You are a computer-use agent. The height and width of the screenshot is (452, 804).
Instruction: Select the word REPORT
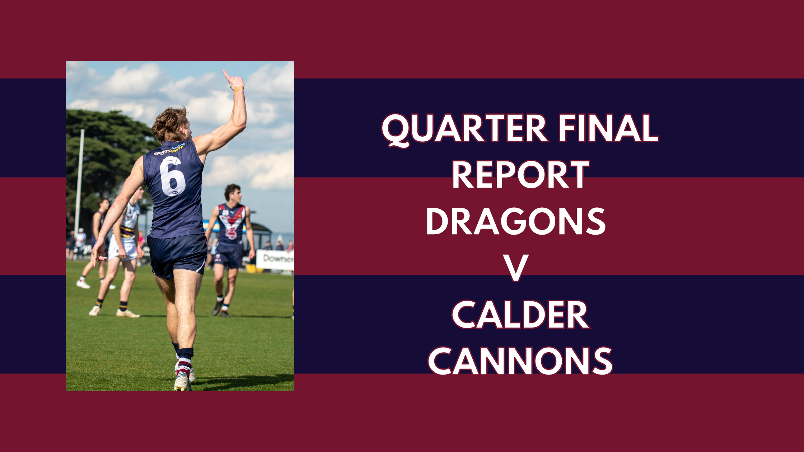tap(520, 175)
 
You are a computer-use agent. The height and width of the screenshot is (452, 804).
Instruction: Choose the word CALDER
tap(520, 315)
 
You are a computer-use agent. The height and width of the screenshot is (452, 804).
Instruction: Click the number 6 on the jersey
tap(173, 176)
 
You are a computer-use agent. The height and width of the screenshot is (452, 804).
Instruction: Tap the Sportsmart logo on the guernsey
tap(169, 150)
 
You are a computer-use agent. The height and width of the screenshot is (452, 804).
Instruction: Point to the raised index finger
tap(226, 74)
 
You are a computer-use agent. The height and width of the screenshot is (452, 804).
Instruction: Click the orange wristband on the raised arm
tap(238, 88)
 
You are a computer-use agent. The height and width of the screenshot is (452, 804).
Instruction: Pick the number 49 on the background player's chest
tap(225, 213)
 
